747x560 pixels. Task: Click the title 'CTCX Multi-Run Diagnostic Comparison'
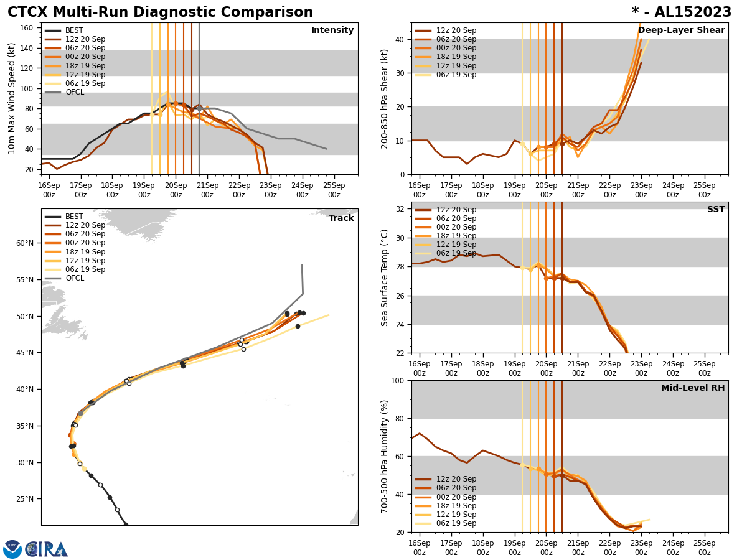pos(160,12)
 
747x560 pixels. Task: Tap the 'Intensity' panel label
pos(332,30)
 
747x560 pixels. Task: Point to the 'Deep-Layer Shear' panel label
pos(681,30)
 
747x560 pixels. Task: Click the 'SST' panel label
pos(716,210)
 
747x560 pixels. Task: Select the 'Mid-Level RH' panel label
pos(693,388)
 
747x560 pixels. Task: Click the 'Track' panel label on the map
pos(341,218)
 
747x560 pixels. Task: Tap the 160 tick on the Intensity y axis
pos(27,28)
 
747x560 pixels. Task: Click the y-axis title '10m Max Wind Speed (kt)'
pos(12,98)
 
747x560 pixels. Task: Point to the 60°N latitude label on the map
pos(25,243)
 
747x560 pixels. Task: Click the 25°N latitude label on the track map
pos(25,499)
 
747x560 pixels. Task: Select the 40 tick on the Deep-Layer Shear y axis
pos(398,39)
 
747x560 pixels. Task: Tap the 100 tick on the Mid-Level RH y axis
pos(396,381)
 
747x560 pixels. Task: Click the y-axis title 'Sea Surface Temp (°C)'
pos(385,278)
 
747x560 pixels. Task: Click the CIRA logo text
pos(47,549)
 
